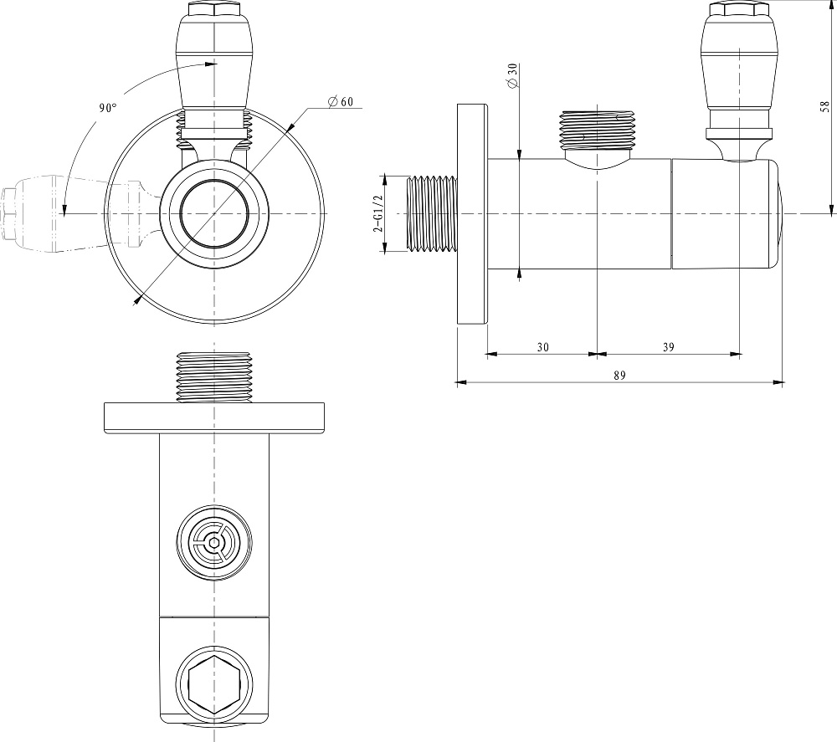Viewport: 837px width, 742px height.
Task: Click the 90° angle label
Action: [107, 108]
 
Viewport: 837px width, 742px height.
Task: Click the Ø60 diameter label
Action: [341, 101]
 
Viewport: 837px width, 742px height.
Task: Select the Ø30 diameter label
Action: [512, 75]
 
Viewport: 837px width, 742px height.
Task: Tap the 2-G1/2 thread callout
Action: [378, 213]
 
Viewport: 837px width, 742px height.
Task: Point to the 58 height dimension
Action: [825, 106]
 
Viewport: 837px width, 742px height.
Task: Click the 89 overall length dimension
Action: [619, 376]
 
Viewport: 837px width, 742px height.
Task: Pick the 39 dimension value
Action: [668, 347]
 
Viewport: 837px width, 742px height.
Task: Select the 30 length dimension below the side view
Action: [543, 347]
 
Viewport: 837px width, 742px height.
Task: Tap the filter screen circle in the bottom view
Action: [214, 543]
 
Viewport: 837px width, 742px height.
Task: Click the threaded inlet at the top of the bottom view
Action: [214, 377]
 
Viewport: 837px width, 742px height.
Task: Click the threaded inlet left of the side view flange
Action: [431, 213]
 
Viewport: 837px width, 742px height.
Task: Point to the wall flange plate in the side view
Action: [472, 214]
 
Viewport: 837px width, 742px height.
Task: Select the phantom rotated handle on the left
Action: [80, 214]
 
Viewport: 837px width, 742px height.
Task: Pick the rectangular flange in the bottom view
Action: [214, 417]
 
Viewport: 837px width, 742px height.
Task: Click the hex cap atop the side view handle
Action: [739, 8]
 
